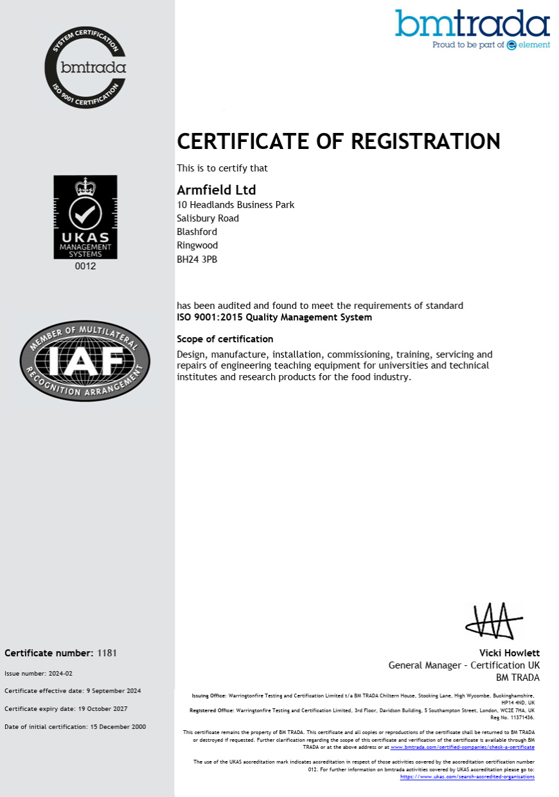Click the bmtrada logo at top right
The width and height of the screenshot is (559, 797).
tap(472, 24)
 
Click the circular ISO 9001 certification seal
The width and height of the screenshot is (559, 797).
tap(85, 67)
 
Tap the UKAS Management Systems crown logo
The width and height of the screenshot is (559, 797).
tap(85, 217)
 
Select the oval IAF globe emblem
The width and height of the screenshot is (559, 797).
tap(85, 361)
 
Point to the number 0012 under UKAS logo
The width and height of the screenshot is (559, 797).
tap(85, 266)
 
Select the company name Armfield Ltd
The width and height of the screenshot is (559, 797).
tap(216, 190)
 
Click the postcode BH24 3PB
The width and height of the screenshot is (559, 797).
tap(197, 259)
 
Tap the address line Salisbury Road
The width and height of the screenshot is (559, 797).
tap(208, 218)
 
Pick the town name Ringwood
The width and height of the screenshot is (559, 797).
tap(197, 245)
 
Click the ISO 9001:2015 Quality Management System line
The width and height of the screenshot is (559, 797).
tap(274, 317)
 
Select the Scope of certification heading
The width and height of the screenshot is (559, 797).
tap(225, 339)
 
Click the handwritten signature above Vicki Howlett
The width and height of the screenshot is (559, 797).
tap(493, 622)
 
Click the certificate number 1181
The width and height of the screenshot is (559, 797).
tap(107, 653)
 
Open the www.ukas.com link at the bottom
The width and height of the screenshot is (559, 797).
tap(467, 776)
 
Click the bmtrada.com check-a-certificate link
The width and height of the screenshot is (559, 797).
tap(462, 747)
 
